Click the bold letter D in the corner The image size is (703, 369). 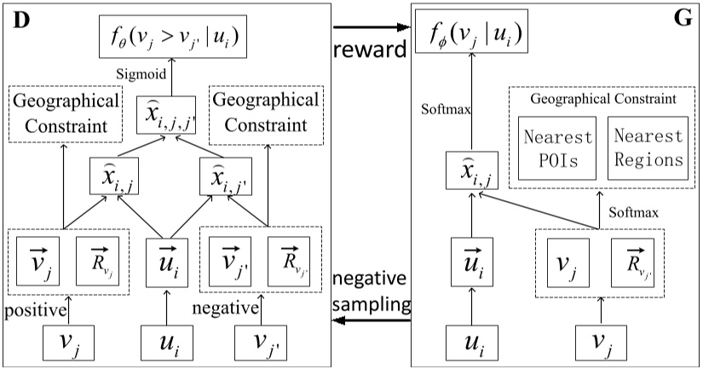click(x=19, y=19)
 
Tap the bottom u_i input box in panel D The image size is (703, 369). click(x=167, y=343)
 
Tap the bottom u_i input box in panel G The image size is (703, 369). click(x=475, y=343)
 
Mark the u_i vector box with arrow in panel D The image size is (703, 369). click(x=167, y=262)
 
